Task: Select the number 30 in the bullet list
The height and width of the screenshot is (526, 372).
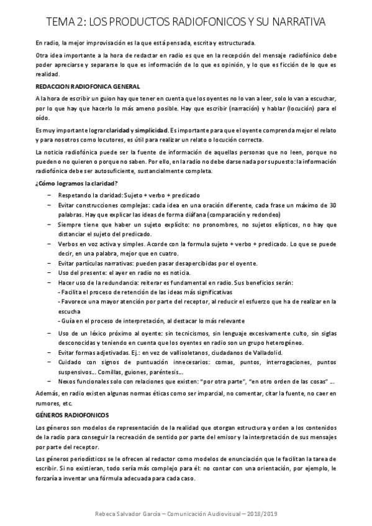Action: tap(332, 205)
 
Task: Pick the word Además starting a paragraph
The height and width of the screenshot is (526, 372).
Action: tap(48, 394)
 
